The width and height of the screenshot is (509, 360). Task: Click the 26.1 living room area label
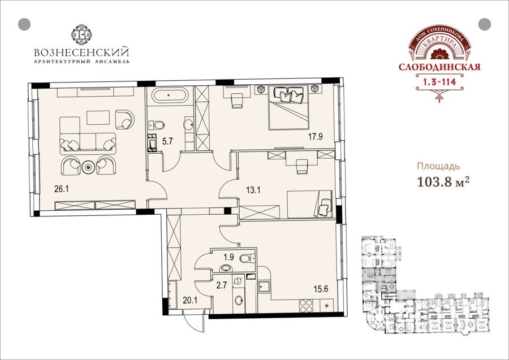click(61, 189)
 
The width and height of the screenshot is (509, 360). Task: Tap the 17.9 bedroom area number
click(315, 137)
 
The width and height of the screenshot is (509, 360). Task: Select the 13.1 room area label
click(253, 190)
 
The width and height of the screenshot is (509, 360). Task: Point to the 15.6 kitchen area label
click(321, 289)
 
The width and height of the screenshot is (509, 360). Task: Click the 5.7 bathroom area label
click(167, 141)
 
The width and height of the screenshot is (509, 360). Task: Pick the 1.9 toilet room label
click(229, 258)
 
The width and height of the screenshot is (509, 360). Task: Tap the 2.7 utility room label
click(221, 285)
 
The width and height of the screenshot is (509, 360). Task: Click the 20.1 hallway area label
click(190, 301)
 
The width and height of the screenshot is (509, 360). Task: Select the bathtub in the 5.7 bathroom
click(170, 96)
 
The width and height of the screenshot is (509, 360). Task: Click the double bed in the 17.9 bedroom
click(288, 107)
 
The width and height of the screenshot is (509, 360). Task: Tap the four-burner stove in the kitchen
click(306, 306)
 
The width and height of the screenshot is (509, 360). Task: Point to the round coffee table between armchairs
click(88, 167)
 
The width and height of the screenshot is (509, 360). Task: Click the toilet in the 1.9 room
click(247, 258)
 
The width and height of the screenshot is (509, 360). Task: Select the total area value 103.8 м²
click(443, 182)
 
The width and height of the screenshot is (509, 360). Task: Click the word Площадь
click(438, 167)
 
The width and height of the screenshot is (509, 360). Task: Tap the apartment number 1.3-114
click(439, 82)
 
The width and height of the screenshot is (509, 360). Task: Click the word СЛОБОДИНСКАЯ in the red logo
click(439, 67)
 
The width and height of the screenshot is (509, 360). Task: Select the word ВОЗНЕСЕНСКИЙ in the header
click(81, 52)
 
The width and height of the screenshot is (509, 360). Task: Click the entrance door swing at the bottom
click(194, 322)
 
